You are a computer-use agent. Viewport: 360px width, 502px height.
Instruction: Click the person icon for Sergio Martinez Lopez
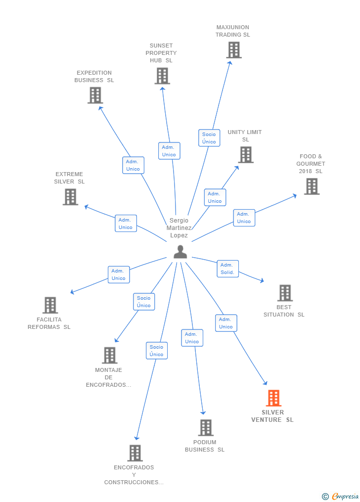coord(180,252)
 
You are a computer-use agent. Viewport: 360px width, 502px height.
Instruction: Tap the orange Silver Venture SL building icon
coord(273,398)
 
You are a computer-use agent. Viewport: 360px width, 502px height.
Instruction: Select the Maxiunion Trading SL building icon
coord(234,50)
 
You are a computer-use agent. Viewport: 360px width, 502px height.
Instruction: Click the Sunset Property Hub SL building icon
coord(162,76)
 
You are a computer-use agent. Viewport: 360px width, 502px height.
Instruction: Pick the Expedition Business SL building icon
coord(95,95)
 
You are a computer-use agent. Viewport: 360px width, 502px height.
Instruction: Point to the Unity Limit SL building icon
coord(246,155)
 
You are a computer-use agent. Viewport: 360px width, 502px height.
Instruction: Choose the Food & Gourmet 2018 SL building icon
coord(312,186)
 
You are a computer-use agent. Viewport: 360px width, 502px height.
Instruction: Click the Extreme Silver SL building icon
coord(71,197)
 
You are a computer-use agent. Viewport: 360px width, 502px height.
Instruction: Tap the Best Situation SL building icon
coord(285,293)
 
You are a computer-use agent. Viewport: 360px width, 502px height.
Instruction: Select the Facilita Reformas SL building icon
coord(50,305)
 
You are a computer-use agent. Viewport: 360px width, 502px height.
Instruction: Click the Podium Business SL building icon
coord(206,428)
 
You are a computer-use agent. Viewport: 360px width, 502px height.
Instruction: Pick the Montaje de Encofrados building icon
coord(110,355)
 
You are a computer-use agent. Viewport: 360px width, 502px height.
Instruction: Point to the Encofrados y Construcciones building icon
coord(135,453)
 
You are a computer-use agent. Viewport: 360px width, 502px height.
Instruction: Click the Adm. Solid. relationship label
coord(227,269)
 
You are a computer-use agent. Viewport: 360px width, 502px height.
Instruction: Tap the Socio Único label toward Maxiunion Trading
coord(209,138)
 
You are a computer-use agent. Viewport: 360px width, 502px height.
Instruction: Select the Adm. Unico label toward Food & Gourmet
coord(244,218)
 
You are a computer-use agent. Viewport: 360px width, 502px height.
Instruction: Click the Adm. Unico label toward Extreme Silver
coord(126,224)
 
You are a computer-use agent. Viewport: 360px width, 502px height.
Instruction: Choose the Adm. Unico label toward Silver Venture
coord(226,323)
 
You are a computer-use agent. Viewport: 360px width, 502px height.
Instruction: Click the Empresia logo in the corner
coord(341,496)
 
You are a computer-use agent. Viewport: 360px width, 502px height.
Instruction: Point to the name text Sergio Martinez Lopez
coord(179,228)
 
